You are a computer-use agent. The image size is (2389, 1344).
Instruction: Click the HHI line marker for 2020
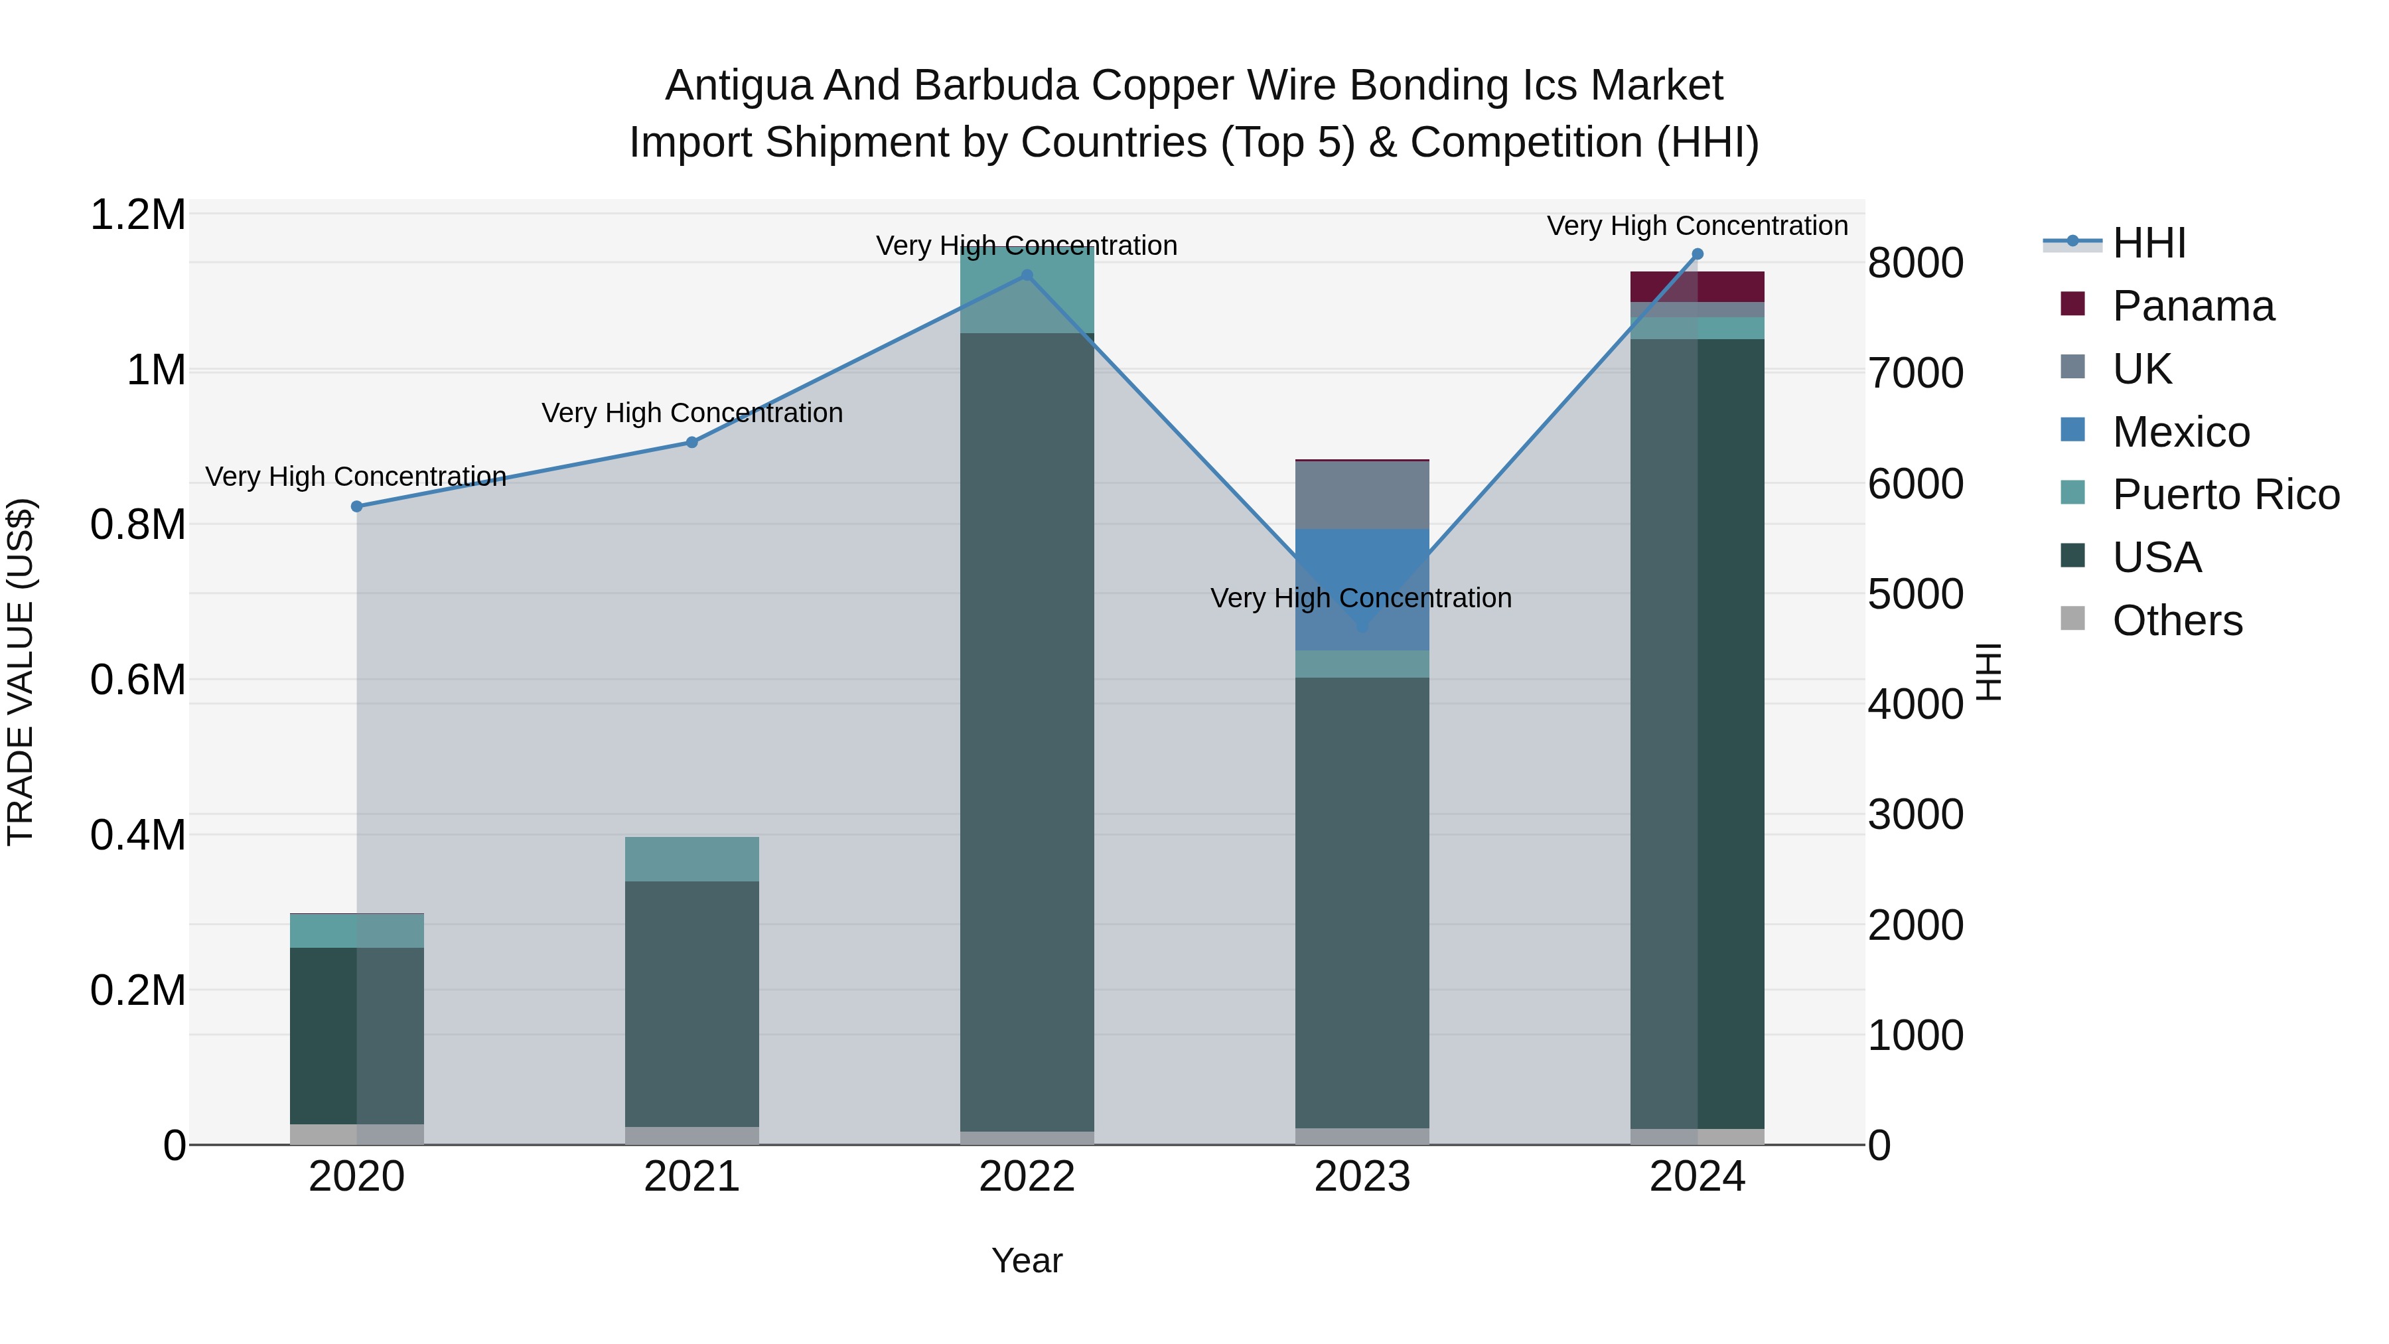pos(356,506)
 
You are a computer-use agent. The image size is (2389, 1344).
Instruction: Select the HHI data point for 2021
pos(692,443)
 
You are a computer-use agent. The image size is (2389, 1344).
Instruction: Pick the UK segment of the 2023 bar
pos(1362,494)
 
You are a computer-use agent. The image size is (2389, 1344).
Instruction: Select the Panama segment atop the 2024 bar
pos(1697,287)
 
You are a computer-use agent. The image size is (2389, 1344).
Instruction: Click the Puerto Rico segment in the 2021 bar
pos(692,859)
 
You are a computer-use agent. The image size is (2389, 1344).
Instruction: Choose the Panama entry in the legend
pos(2193,306)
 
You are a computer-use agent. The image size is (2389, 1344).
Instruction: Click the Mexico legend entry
pos(2181,432)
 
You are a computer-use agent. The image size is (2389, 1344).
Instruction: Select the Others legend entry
pos(2177,621)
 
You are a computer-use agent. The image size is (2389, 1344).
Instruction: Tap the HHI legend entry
pos(2149,243)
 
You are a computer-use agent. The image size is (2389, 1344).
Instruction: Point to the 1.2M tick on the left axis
pos(138,215)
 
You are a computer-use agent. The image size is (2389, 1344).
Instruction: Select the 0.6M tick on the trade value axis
pos(138,680)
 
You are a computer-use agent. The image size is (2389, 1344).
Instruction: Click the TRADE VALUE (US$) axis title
pos(21,672)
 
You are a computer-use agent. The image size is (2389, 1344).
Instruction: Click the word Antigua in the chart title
pos(737,86)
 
